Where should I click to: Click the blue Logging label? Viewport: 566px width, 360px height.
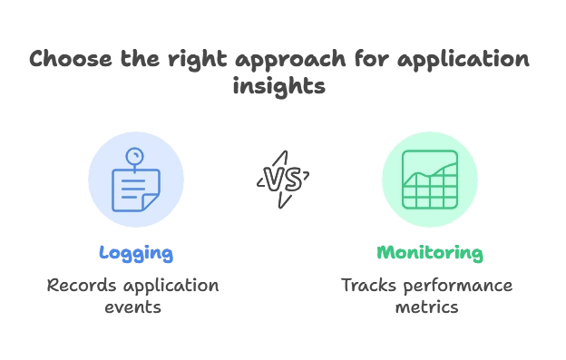tap(135, 255)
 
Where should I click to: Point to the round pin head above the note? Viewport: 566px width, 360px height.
tap(135, 154)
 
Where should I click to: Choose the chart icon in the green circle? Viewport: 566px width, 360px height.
tap(428, 179)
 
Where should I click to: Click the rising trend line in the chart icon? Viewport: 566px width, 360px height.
tap(428, 171)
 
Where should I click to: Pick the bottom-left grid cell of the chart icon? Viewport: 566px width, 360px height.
tap(409, 201)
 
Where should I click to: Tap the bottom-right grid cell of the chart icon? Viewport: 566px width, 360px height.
tap(447, 201)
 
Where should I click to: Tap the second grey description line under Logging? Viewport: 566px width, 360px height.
tap(135, 309)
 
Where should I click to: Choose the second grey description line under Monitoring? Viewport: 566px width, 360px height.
tap(428, 309)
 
